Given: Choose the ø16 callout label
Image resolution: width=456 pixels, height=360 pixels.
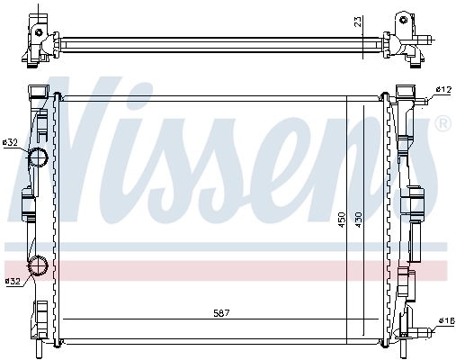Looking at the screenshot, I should (444, 320).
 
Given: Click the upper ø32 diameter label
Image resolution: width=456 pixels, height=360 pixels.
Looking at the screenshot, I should (11, 142).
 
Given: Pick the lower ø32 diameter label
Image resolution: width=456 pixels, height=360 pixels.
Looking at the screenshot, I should (13, 282).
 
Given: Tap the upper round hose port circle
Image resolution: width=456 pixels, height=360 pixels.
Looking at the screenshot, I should (38, 159).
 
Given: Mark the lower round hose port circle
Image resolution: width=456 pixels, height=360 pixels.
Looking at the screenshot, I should (39, 265).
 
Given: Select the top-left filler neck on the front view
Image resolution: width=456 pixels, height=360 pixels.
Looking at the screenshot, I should (37, 92).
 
